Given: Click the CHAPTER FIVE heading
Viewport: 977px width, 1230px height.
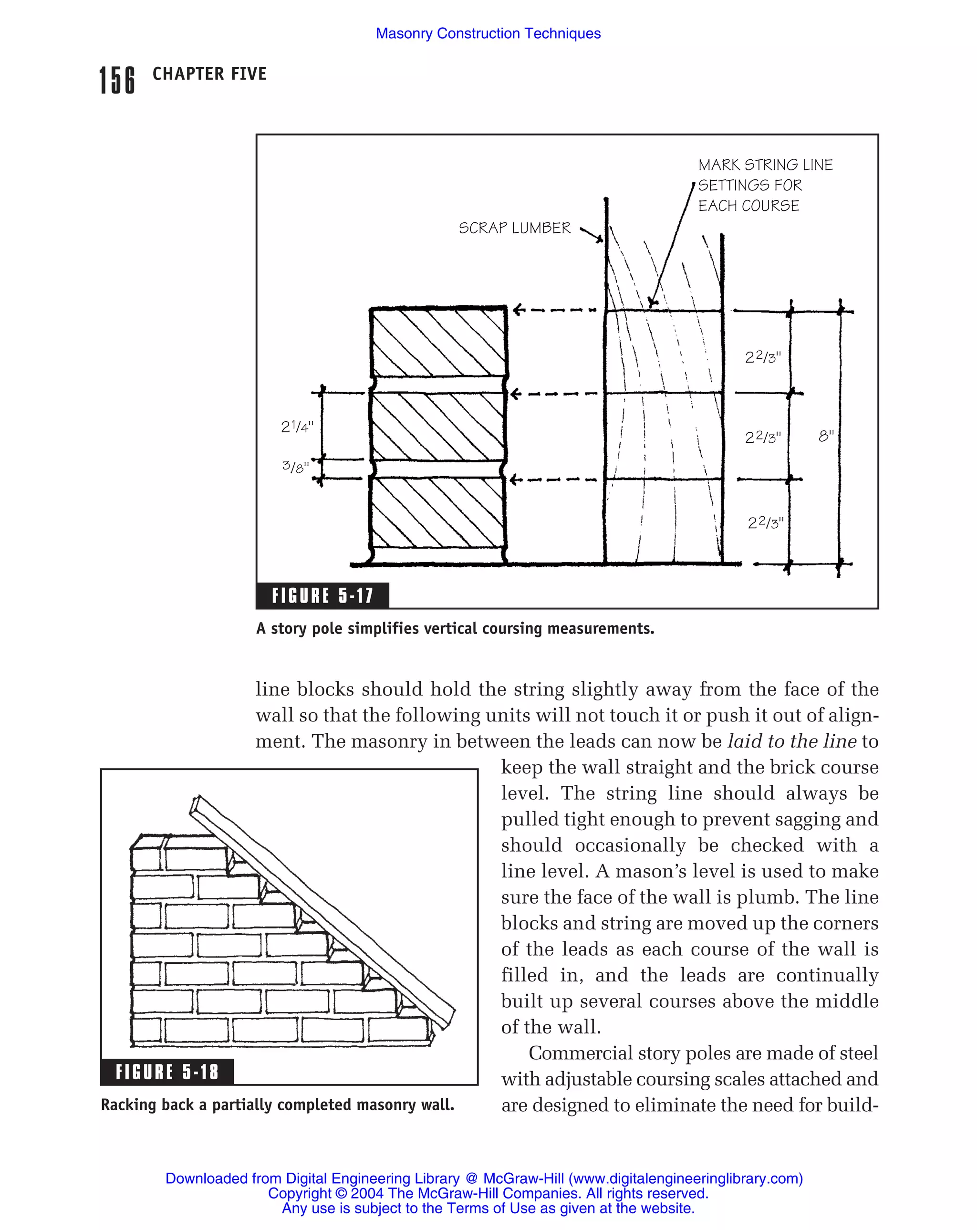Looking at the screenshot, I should click(209, 73).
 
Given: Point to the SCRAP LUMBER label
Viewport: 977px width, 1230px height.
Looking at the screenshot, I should click(514, 228).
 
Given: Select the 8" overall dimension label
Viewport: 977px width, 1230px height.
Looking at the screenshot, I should click(825, 437).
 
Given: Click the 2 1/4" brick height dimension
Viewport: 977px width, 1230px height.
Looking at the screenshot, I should click(297, 427).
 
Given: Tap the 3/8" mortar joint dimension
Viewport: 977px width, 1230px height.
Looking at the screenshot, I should click(295, 467).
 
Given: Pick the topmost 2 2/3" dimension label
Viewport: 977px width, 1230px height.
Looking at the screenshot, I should click(762, 358).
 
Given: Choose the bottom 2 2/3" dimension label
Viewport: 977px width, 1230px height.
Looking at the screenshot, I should click(765, 522).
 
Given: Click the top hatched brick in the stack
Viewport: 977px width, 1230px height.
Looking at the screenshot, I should click(438, 342).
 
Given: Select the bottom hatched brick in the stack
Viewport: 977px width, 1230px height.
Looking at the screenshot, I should click(437, 512).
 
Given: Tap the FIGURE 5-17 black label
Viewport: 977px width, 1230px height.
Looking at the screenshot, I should click(322, 595).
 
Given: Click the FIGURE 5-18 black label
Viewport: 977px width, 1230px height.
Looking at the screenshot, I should click(166, 1072).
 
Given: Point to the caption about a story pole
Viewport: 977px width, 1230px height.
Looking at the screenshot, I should click(455, 629).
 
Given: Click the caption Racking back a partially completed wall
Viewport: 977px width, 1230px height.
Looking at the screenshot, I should click(277, 1105).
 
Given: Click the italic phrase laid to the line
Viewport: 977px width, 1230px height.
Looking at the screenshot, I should click(791, 741).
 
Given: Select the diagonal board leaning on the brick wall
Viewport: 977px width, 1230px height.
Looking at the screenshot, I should click(322, 910).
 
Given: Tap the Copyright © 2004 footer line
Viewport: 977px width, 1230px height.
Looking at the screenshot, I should click(488, 1193).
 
